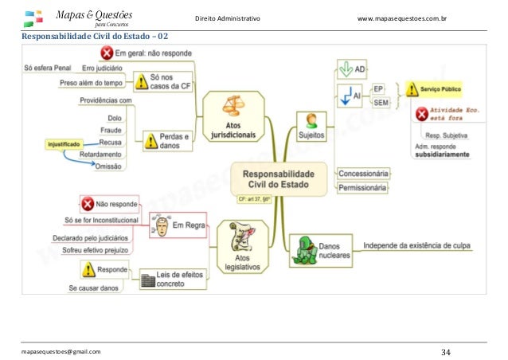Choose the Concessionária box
pos(363,173)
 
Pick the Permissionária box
pos(363,188)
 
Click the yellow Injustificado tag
pos(64,144)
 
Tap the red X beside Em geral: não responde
pos(106,53)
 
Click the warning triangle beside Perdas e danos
pos(150,141)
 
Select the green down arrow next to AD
pos(344,69)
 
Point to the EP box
pos(379,88)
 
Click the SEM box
pos(382,102)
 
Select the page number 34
pos(445,350)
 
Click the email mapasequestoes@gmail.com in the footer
pos(61,350)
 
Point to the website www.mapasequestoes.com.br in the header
pos(413,18)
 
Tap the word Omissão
pos(107,166)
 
